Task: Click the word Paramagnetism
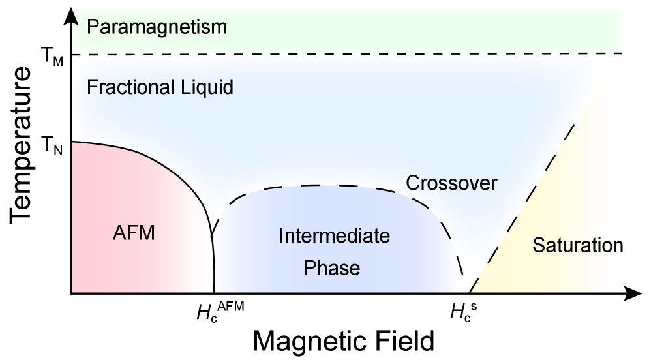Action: coord(157,27)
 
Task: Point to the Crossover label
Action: coord(451,183)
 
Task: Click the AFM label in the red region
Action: coord(134,233)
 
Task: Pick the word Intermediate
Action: coord(335,235)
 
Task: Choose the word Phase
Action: coord(332,268)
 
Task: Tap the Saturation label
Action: coord(576,246)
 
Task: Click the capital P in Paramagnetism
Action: coord(93,27)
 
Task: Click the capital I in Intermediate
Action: coord(281,235)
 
